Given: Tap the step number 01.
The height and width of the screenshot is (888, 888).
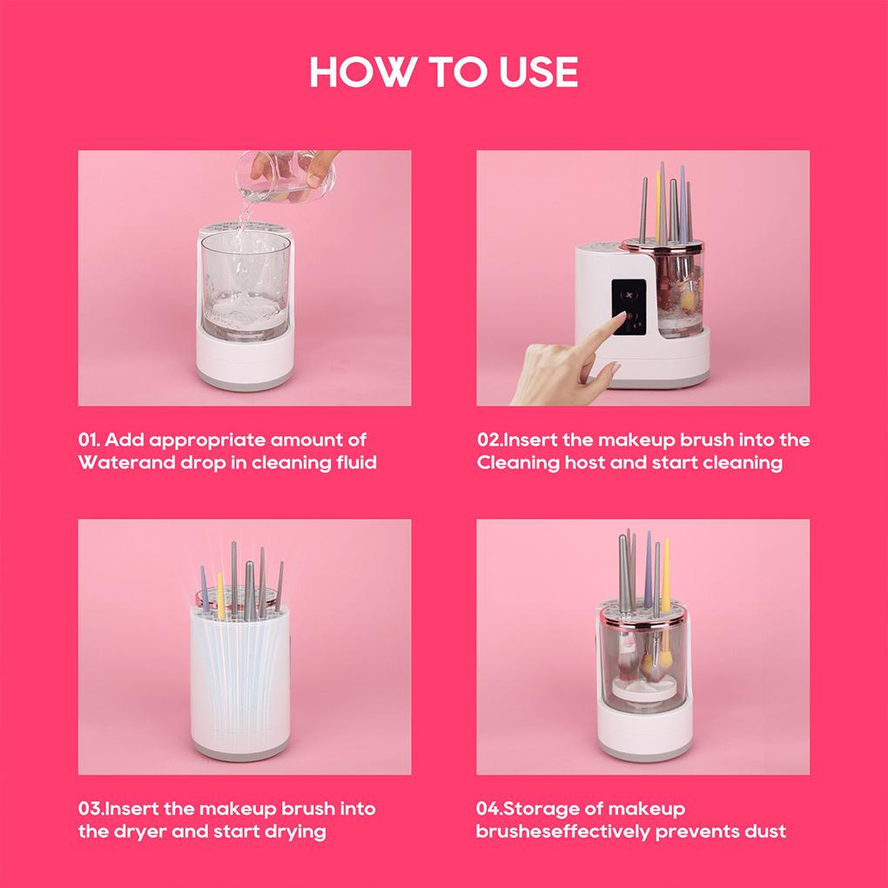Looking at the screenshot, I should point(91,440).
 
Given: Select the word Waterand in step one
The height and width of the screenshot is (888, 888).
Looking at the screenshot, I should point(118,462).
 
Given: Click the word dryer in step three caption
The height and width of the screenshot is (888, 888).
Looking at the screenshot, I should point(139,831).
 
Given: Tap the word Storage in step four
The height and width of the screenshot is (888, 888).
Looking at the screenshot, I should point(552,809).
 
